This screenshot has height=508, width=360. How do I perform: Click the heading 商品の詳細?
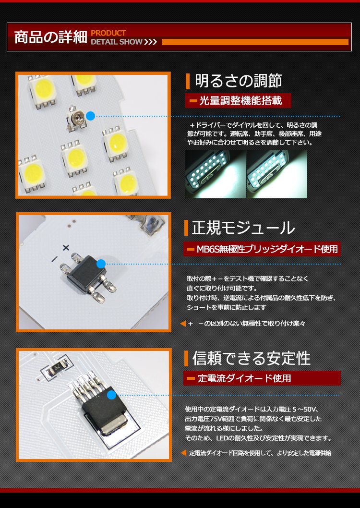51,37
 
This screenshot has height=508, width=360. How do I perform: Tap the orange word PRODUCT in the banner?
108,33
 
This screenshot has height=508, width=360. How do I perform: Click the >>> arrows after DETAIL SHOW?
151,42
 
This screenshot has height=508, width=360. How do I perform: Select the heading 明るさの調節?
238,81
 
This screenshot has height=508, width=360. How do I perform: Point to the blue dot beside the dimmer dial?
91,116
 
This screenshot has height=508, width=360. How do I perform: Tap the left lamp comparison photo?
216,174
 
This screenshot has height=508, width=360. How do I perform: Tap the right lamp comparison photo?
277,174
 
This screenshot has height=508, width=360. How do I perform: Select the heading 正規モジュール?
243,228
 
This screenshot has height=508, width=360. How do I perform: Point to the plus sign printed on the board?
66,248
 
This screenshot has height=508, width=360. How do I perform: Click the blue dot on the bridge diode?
101,264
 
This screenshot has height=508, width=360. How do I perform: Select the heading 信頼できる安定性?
251,358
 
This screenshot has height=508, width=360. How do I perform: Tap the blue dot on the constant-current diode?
111,395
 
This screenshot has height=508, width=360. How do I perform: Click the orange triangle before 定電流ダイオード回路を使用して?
183,453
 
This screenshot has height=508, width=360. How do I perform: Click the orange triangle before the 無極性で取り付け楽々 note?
183,323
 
